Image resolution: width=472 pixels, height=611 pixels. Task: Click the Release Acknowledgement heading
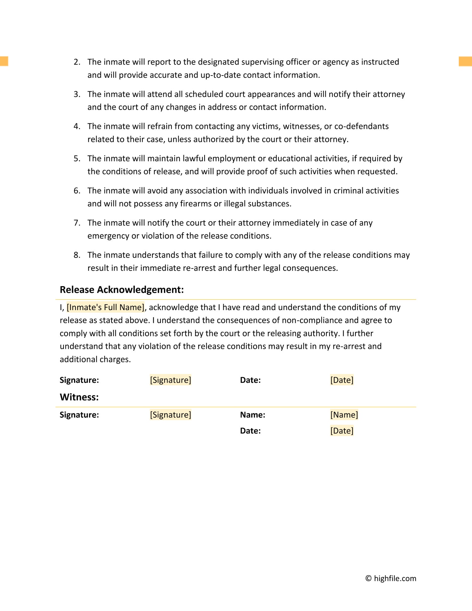tap(121, 290)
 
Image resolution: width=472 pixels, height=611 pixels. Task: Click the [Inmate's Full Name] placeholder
tap(106, 307)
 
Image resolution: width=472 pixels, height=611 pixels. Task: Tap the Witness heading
tap(79, 397)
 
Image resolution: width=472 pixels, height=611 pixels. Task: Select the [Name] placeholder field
tap(344, 415)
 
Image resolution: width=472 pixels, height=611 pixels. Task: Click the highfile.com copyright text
tap(391, 578)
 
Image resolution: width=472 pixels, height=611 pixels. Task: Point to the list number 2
tap(77, 62)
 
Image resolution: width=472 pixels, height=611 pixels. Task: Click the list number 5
tap(77, 159)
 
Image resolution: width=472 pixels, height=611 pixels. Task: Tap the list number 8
tap(77, 255)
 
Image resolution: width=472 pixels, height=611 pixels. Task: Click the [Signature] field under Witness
tap(170, 415)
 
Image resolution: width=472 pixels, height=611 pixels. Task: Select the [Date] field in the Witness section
tap(342, 431)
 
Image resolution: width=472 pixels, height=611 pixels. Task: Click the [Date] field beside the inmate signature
tap(342, 380)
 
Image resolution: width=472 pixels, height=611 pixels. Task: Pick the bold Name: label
tap(252, 415)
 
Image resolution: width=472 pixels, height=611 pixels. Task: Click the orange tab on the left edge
tap(4, 61)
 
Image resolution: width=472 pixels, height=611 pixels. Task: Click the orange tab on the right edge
tap(465, 61)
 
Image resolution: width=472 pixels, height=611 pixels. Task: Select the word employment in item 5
tap(232, 159)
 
